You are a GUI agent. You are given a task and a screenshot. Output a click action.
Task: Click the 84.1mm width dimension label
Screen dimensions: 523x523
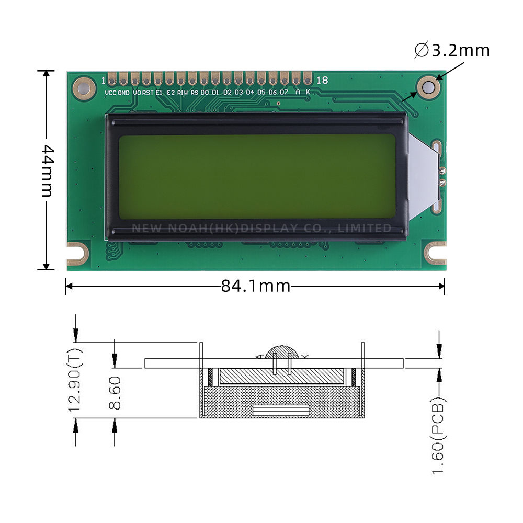(255, 286)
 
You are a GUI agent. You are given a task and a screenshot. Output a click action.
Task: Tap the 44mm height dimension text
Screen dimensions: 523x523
(47, 170)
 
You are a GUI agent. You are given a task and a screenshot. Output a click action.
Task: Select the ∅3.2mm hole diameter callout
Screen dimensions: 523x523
(452, 51)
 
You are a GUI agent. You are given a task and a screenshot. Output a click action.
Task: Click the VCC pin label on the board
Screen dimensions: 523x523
(110, 93)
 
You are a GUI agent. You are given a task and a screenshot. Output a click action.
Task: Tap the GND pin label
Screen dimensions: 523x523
(123, 93)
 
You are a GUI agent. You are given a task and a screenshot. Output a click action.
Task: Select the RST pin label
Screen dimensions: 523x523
(148, 93)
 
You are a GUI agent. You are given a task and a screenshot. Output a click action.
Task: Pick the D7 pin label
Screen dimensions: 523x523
(283, 93)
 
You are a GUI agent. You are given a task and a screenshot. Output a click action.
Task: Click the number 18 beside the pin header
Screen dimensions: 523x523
(322, 80)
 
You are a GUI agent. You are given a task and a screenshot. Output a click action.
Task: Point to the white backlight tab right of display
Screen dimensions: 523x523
(423, 175)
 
